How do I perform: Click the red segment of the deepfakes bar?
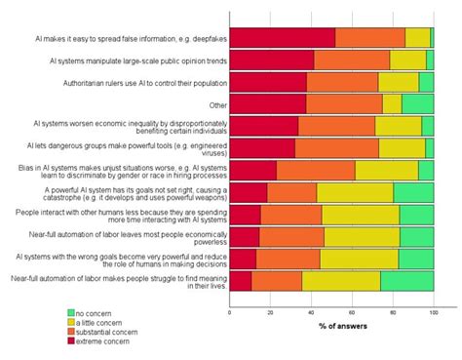click(283, 38)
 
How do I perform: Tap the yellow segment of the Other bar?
click(392, 103)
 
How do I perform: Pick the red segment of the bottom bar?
click(241, 281)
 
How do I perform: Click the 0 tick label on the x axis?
click(230, 312)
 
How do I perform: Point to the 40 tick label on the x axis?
click(311, 312)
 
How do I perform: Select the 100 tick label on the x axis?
click(432, 312)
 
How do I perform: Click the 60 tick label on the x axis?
click(352, 312)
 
